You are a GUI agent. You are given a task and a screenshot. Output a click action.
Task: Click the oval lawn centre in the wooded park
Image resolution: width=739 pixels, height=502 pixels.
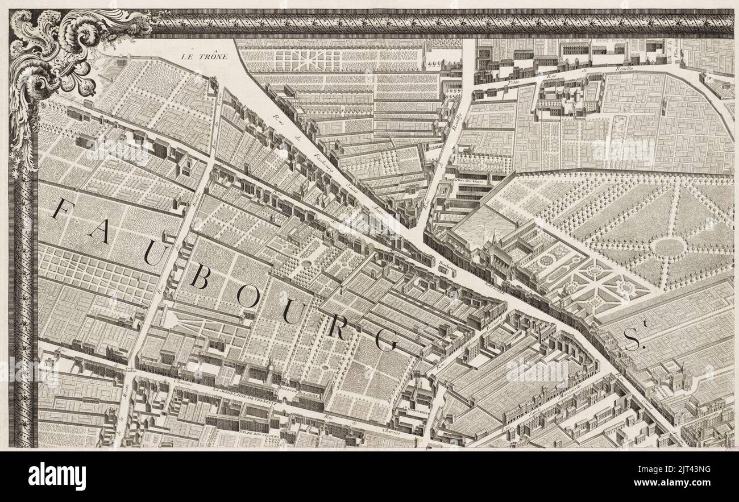pos(669,247)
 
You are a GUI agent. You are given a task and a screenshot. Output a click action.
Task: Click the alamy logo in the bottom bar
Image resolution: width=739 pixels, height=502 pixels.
pos(57,476)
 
